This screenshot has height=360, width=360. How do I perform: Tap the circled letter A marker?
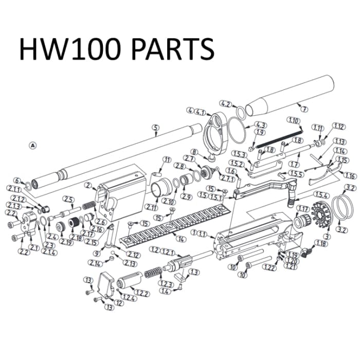coord(33,146)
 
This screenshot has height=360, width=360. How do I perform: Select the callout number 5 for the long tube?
coord(154,128)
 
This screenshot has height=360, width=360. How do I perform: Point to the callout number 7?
coord(303,109)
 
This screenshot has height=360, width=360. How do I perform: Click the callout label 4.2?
coord(225,103)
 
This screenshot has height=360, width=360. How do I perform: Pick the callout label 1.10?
coord(294,120)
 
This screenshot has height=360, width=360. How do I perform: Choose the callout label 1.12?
coord(338,126)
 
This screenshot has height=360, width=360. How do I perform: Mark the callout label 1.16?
coord(350,175)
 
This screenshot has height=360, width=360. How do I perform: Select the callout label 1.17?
coord(303,208)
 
